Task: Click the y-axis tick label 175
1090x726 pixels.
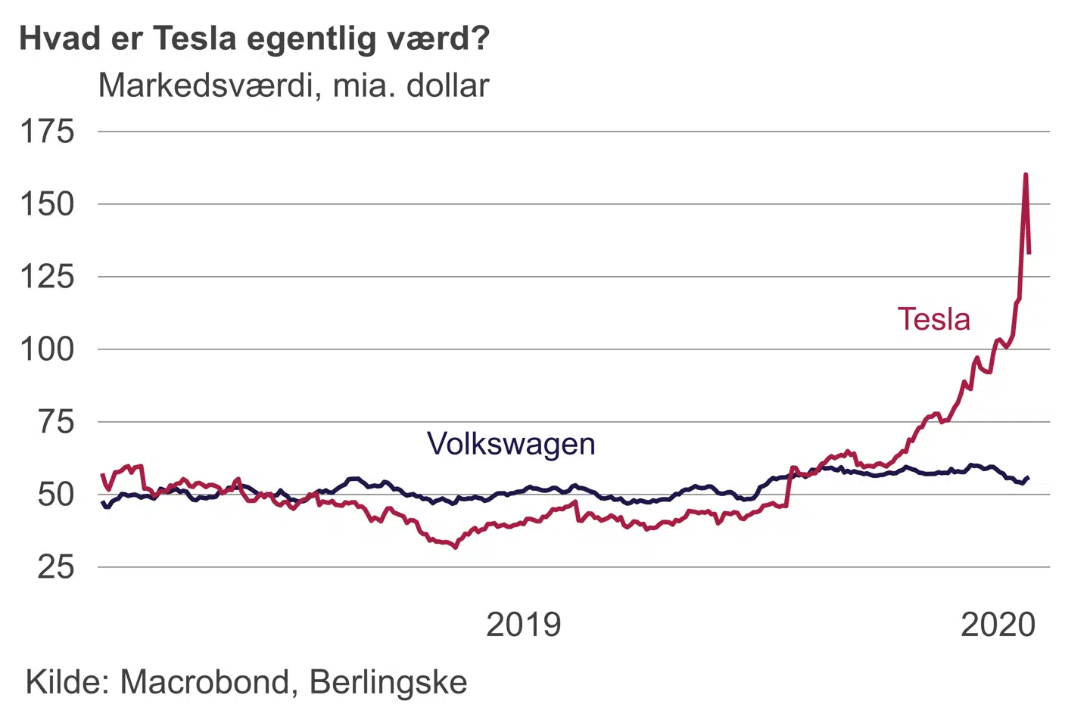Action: click(x=47, y=132)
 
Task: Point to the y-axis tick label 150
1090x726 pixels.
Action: click(x=47, y=204)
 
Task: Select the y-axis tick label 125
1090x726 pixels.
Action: click(x=47, y=277)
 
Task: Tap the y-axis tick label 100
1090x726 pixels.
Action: click(x=47, y=349)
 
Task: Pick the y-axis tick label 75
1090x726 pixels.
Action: click(x=57, y=422)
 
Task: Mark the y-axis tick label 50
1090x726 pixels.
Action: click(x=57, y=495)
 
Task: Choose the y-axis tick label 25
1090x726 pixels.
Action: click(x=57, y=567)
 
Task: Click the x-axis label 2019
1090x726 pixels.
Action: click(x=524, y=625)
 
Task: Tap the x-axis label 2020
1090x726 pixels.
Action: click(x=998, y=625)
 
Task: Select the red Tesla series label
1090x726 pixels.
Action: click(x=933, y=319)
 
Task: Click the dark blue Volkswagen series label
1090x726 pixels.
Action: click(x=511, y=443)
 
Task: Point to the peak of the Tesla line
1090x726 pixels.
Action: click(x=1026, y=175)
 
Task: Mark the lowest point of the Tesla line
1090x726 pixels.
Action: click(x=455, y=547)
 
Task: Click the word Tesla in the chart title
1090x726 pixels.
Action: click(x=195, y=38)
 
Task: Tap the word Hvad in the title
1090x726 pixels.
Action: click(x=61, y=38)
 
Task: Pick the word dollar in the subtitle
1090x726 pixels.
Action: click(x=448, y=85)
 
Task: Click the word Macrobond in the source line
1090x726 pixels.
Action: click(x=204, y=682)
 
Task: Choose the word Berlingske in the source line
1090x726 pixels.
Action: click(x=388, y=682)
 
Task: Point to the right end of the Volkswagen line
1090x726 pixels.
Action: click(x=1028, y=477)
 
